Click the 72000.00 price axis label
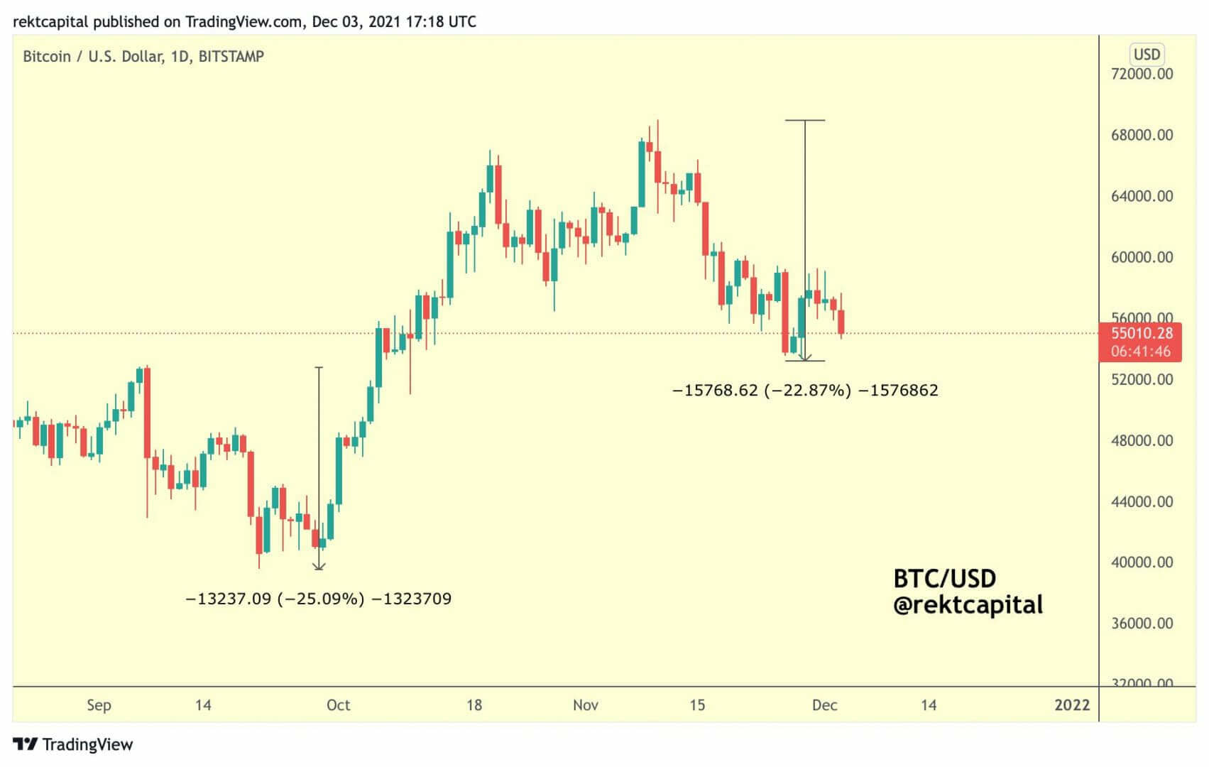(x=1142, y=74)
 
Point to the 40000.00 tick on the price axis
(x=1142, y=562)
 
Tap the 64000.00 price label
(x=1142, y=196)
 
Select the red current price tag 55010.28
(x=1141, y=333)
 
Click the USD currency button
(x=1147, y=55)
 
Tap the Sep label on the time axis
(x=99, y=705)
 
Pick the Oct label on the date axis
(x=338, y=705)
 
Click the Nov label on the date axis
(x=586, y=705)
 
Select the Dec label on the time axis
(x=824, y=705)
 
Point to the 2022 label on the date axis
(x=1071, y=705)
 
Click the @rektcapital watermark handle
(x=968, y=605)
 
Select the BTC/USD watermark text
(x=944, y=579)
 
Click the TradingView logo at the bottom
(x=73, y=744)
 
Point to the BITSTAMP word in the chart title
(x=231, y=57)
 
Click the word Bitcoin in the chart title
(x=47, y=57)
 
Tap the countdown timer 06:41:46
(x=1141, y=352)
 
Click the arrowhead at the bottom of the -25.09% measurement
(x=319, y=567)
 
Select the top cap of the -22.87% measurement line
(x=805, y=121)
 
